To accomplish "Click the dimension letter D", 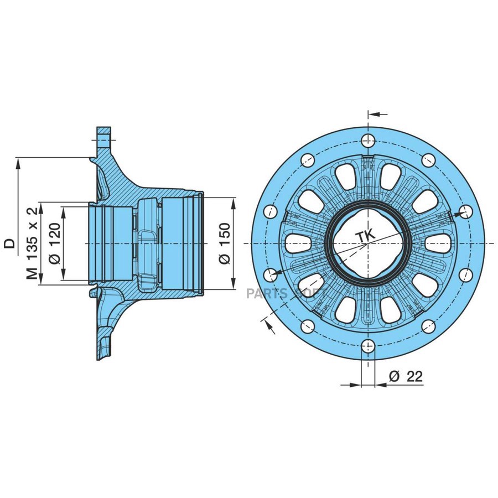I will click(x=10, y=243).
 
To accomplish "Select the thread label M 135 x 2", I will click(x=33, y=243).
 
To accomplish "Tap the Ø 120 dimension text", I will click(x=54, y=243).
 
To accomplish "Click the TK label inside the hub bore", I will click(x=365, y=236).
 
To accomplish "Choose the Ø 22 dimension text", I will click(x=406, y=377).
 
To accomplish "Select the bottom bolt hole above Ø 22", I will click(x=367, y=347).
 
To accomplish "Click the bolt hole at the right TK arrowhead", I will click(x=465, y=211).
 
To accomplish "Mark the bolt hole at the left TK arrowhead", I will click(x=271, y=274).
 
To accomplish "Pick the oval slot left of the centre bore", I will click(x=297, y=243).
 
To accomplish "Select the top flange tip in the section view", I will click(x=103, y=130).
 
